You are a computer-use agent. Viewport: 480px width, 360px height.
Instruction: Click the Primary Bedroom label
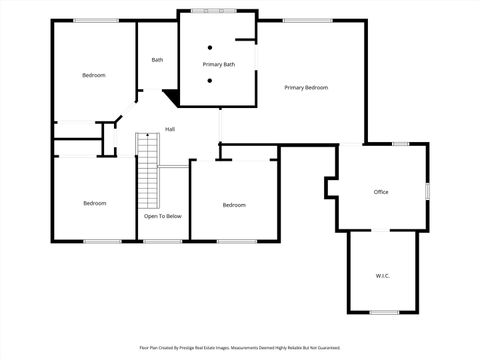(305, 88)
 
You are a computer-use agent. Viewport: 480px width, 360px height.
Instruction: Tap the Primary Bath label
(218, 65)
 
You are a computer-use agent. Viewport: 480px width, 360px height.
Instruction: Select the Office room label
(380, 192)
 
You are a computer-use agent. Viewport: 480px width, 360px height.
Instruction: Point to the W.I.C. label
(382, 275)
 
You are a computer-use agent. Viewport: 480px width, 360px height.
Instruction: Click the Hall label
(170, 129)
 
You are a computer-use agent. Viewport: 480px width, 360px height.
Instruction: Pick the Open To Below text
(162, 216)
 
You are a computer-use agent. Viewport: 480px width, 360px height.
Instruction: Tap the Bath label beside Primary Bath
(157, 60)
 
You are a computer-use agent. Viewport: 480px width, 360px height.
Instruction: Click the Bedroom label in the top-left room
(93, 75)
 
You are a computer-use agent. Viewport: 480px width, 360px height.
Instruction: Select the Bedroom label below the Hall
(233, 205)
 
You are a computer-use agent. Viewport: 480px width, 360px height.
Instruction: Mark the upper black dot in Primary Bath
(210, 48)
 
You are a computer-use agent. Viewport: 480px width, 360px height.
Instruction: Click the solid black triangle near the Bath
(171, 97)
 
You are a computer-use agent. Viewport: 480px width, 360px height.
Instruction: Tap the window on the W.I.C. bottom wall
(383, 312)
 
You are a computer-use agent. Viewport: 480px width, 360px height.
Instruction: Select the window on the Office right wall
(428, 190)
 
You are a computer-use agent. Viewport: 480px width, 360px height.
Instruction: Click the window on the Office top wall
(400, 144)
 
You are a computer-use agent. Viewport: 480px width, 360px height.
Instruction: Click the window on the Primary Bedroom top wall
(307, 20)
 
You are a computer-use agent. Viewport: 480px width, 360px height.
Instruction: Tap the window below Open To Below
(162, 241)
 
